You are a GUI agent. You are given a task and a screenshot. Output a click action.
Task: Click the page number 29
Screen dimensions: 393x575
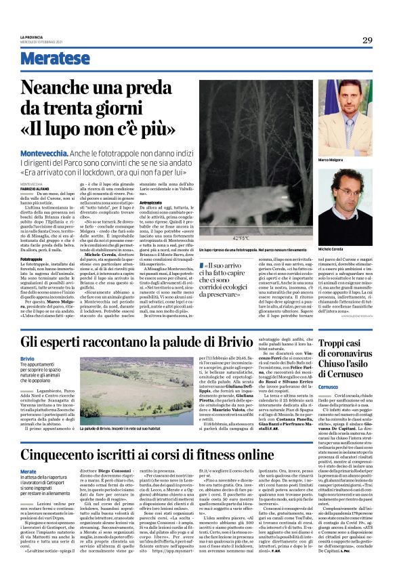coord(367,40)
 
